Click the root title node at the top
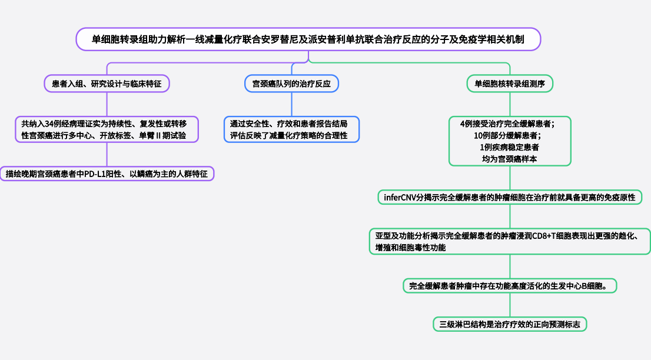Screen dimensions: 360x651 tap(308, 39)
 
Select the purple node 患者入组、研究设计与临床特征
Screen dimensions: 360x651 tap(107, 84)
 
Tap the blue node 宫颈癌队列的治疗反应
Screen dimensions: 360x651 tap(291, 84)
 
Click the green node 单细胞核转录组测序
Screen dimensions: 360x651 tap(510, 84)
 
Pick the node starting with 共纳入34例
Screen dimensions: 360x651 tap(107, 129)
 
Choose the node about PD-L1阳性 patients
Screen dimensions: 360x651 tap(107, 174)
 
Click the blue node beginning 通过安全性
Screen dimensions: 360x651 tap(291, 129)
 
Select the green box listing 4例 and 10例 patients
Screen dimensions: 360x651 tap(510, 141)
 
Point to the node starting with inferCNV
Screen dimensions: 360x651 tap(510, 197)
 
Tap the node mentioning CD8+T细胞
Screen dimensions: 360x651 tap(510, 242)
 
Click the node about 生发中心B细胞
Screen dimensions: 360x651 tap(510, 286)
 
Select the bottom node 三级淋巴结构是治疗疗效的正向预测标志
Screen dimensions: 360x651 tap(510, 324)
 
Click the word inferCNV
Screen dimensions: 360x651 tap(400, 197)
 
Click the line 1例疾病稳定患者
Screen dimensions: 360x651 tap(510, 147)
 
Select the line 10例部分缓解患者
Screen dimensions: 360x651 tap(510, 135)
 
